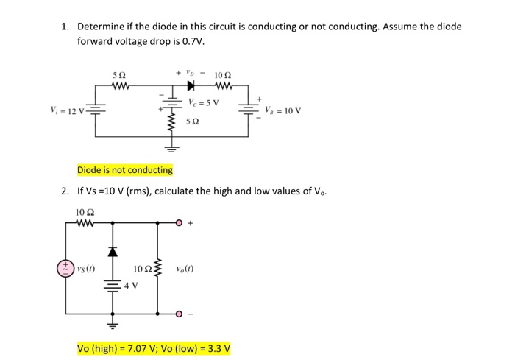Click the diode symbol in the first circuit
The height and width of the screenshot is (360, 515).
pyautogui.click(x=183, y=85)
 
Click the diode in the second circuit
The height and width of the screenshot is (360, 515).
pyautogui.click(x=113, y=252)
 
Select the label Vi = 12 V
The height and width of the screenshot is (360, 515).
pyautogui.click(x=67, y=112)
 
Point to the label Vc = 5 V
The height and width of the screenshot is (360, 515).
pyautogui.click(x=203, y=101)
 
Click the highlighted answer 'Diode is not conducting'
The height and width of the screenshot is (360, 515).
pyautogui.click(x=125, y=170)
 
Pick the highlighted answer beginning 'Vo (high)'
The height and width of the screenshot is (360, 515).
pyautogui.click(x=154, y=347)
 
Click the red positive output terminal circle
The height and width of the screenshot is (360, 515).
pyautogui.click(x=179, y=220)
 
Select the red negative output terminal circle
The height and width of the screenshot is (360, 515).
pyautogui.click(x=179, y=314)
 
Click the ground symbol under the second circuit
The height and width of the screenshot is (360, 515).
pyautogui.click(x=113, y=322)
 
